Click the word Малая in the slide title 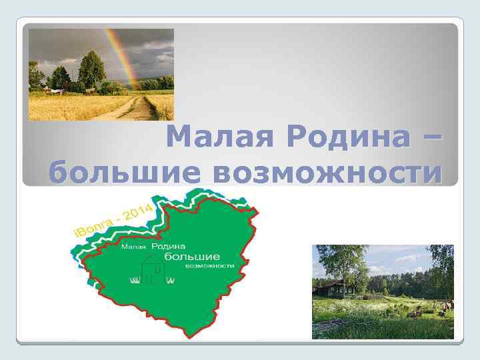(219, 138)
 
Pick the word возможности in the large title (327, 173)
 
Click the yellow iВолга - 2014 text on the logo (117, 220)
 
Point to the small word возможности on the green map (210, 265)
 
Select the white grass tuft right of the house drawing (170, 280)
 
